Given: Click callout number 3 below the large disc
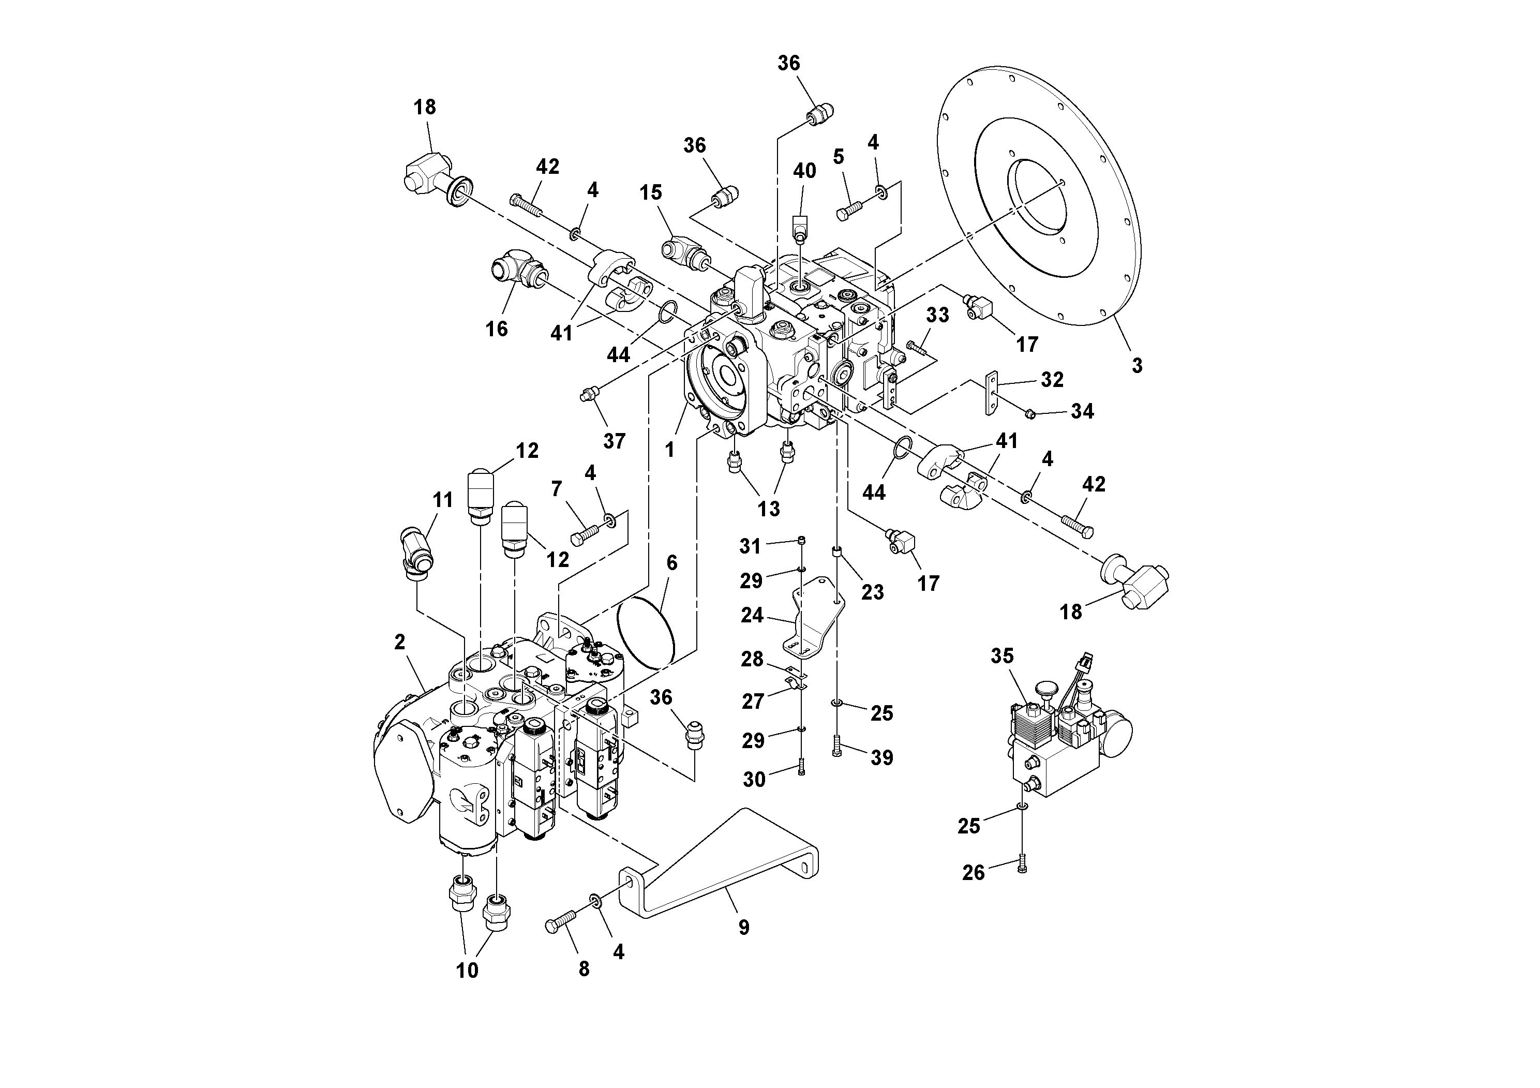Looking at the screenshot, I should point(1136,366).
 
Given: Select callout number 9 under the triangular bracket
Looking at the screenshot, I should point(743,927).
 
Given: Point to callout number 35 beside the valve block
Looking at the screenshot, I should point(1002,656).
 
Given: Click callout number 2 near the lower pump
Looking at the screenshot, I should point(400,643).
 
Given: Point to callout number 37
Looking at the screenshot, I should point(614,441).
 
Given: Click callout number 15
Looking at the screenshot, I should point(650,192).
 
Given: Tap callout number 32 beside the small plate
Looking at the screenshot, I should point(1052,380).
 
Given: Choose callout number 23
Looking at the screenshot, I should point(872,592).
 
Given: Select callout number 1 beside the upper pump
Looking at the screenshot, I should point(669,450).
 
